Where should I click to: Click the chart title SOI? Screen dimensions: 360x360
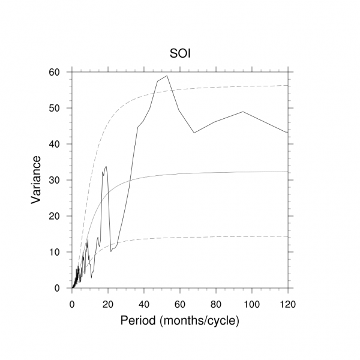180,55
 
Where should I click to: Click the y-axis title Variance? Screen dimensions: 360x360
37,179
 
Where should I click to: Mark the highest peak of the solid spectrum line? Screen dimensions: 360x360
167,76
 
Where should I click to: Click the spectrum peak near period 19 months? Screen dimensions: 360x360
106,167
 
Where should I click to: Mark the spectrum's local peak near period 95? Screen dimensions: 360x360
243,112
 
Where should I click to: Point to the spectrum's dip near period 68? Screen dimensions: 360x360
194,133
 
